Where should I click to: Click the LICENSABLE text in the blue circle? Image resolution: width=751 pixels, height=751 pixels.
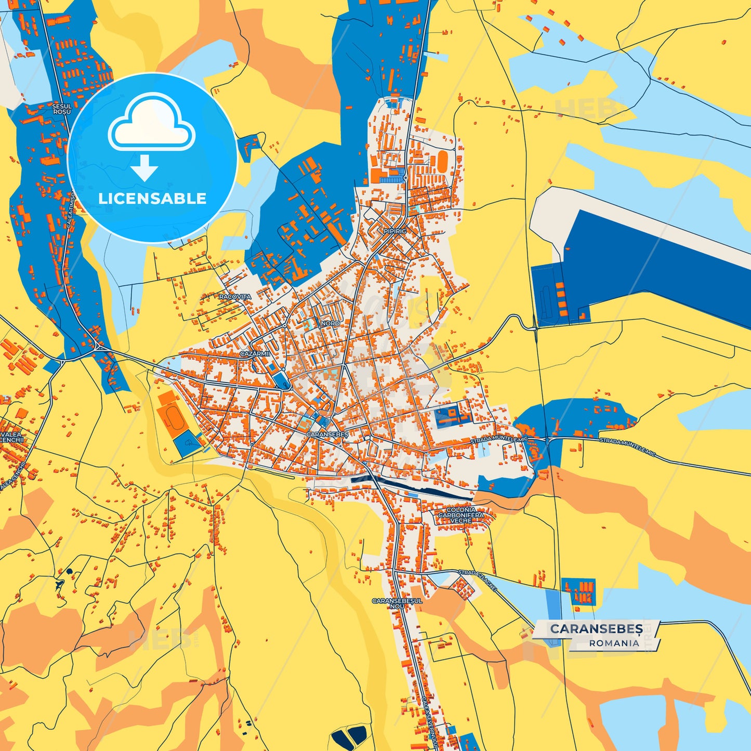[x=152, y=199]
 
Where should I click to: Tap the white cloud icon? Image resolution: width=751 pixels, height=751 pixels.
[x=151, y=125]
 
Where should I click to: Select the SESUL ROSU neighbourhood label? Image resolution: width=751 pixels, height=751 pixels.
[x=62, y=109]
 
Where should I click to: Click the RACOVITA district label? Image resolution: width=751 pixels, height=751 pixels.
[x=235, y=297]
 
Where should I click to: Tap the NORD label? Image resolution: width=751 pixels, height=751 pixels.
[x=330, y=323]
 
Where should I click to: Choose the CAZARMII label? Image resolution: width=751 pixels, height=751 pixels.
[x=255, y=353]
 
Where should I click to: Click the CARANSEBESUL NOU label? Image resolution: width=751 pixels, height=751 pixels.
[x=397, y=603]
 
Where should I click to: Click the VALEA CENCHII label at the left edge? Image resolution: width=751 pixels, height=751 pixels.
[x=11, y=437]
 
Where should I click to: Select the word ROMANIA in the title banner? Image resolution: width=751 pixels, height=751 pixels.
[x=614, y=643]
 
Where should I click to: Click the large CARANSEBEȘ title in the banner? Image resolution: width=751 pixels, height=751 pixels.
[x=596, y=629]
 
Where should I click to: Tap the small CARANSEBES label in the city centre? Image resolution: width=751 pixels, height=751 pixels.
[x=327, y=434]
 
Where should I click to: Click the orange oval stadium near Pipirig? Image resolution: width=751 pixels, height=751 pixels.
[x=442, y=162]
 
